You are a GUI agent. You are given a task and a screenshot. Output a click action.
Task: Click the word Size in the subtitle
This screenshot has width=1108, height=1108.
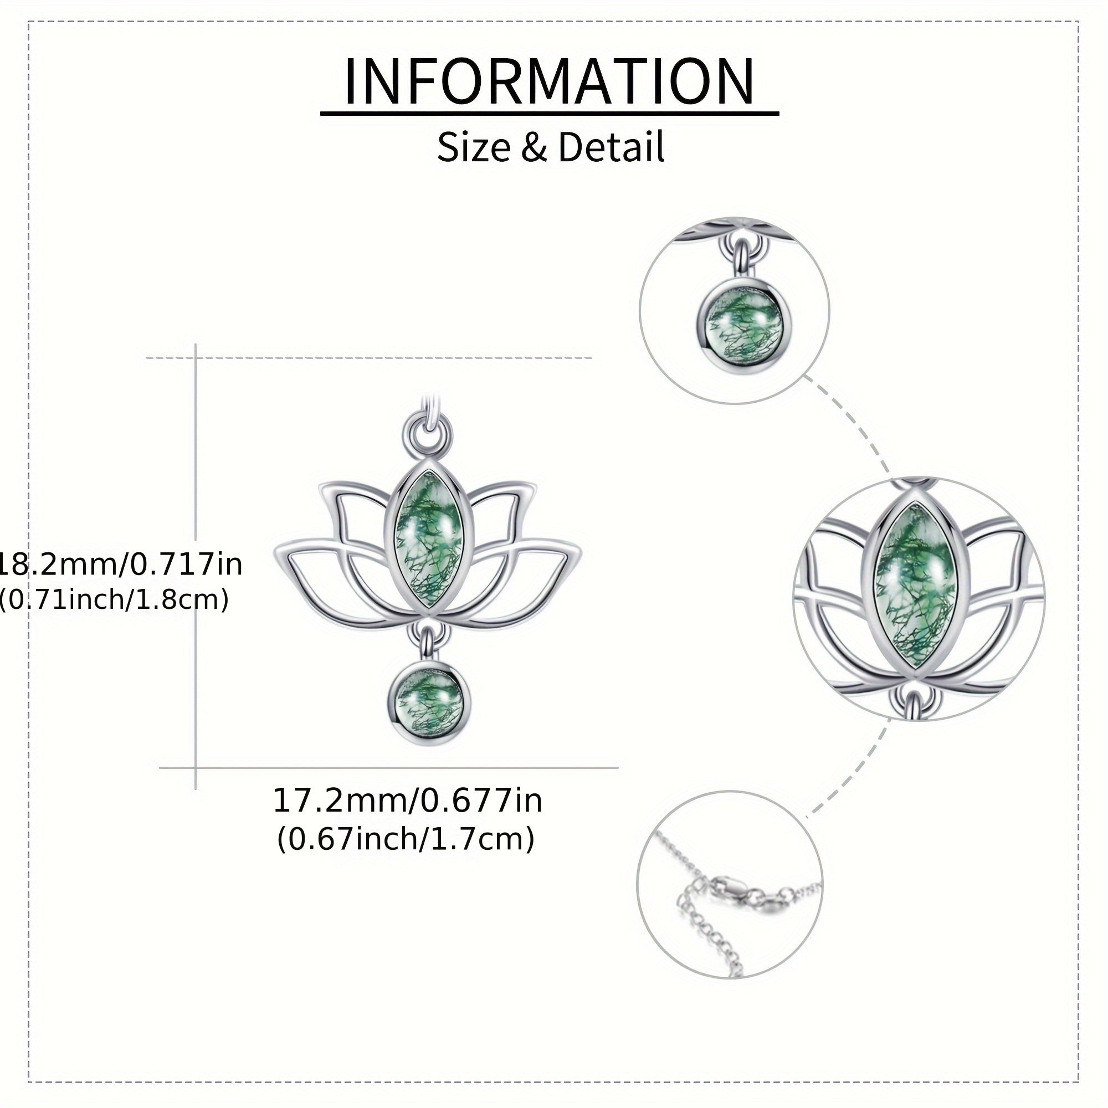coord(473,147)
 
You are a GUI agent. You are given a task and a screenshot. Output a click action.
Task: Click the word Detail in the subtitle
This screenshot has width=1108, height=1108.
coord(610,147)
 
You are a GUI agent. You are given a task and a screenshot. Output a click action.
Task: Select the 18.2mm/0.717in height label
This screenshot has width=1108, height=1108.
coord(120,565)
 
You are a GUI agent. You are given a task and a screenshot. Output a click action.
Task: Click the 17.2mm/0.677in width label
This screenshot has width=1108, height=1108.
coord(407,801)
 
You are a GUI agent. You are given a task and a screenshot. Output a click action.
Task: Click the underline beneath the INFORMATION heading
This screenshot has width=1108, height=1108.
coord(550,114)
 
